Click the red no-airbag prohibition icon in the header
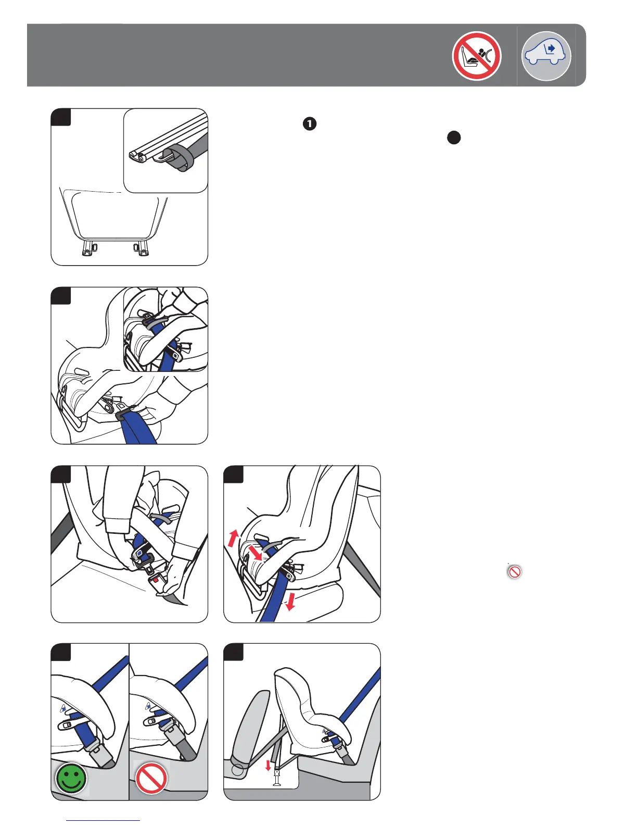476,56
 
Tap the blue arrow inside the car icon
551,48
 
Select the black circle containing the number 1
309,124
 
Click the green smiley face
71,778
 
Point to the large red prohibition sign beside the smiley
151,778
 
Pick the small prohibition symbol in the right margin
514,572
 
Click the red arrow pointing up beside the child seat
233,537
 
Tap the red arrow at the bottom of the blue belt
290,602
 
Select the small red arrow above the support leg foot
268,765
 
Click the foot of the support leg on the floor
277,781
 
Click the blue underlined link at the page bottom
104,820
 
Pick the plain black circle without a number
454,138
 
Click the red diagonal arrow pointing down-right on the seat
255,552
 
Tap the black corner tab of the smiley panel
60,652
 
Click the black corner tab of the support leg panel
233,652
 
